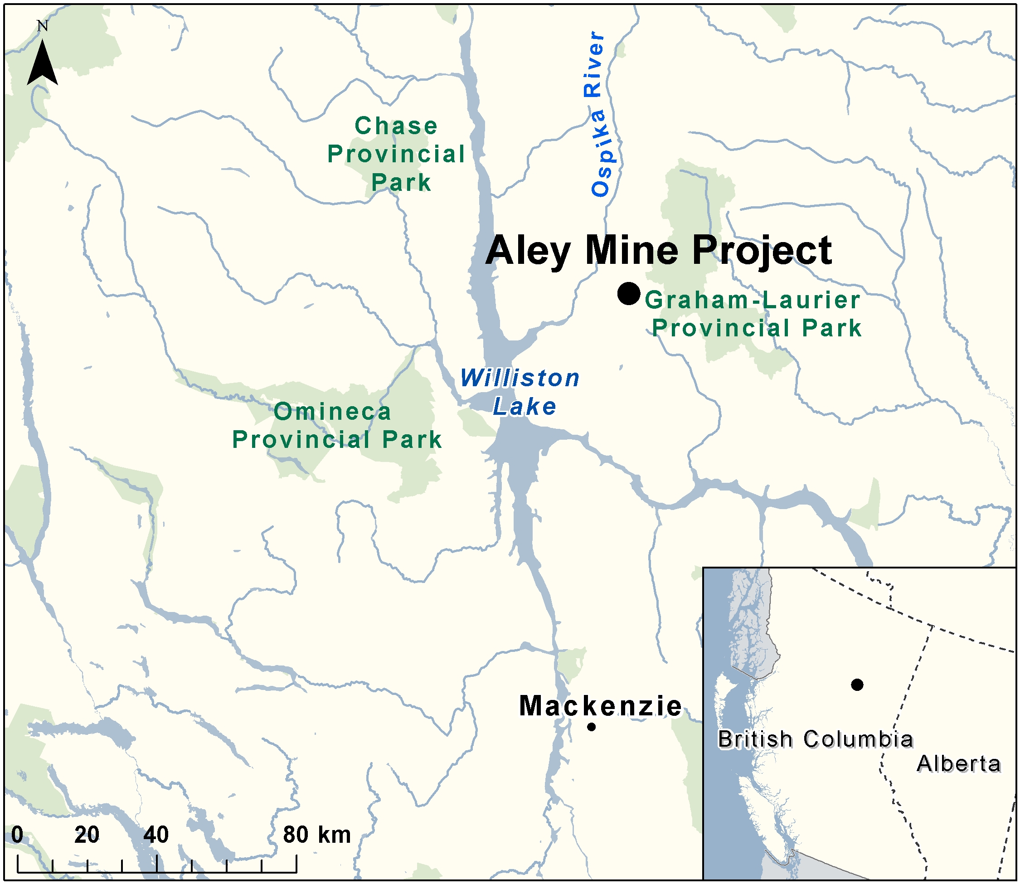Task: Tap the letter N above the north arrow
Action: coord(43,26)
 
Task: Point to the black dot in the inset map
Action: coord(857,685)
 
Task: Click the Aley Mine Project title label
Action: coord(659,251)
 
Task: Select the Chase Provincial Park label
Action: coord(397,154)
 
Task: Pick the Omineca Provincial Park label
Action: coord(337,425)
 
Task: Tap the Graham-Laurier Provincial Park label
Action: coord(753,314)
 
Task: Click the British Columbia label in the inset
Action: coord(815,739)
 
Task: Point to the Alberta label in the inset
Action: coord(958,763)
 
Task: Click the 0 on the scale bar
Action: coord(17,835)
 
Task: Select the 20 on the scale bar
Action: coord(87,835)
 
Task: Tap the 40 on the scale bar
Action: coord(156,835)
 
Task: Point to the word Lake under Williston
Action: coord(525,407)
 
